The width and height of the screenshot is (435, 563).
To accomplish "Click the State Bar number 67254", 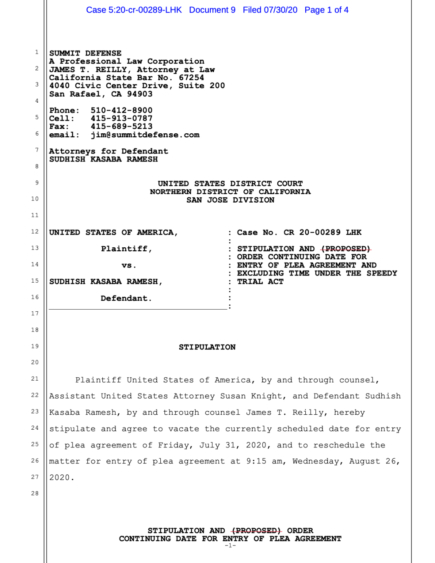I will tap(191, 78).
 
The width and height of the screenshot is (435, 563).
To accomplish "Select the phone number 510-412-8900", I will tap(121, 110).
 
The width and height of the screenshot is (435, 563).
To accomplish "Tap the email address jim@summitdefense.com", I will tap(145, 135).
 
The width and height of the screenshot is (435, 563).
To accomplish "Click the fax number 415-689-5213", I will tap(121, 126).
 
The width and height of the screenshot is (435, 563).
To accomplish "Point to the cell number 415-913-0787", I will tap(121, 118).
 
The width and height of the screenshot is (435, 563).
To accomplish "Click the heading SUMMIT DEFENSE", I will tap(85, 53).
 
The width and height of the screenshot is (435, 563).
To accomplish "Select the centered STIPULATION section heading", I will tap(207, 347).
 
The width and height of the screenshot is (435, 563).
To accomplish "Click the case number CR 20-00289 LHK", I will tap(322, 232).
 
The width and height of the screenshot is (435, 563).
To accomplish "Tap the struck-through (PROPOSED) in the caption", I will tap(346, 249).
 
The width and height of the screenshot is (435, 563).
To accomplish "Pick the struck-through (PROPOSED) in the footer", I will tap(256, 531).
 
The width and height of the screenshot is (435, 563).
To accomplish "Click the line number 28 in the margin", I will tap(35, 493).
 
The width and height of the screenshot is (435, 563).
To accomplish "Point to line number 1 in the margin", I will tap(37, 52).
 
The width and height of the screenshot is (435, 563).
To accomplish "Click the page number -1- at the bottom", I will tap(230, 546).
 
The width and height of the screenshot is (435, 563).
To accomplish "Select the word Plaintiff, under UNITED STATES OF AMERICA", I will tap(126, 249).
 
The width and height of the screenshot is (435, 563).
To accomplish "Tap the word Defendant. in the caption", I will tap(126, 298).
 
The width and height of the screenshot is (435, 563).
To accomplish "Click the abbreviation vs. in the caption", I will tap(129, 265).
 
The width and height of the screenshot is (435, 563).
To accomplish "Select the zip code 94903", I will tap(140, 94).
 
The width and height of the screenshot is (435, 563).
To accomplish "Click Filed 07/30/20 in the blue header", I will tap(270, 10).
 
